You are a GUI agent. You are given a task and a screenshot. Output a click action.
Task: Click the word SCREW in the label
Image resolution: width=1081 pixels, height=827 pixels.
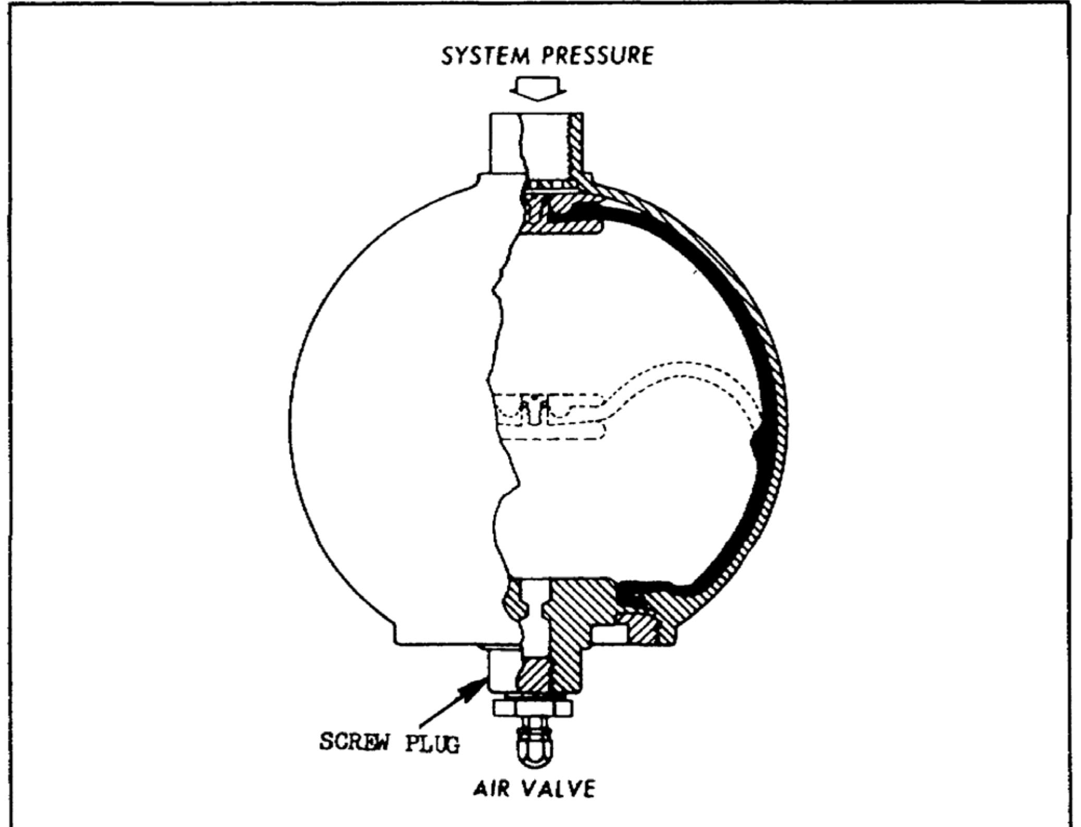tap(355, 741)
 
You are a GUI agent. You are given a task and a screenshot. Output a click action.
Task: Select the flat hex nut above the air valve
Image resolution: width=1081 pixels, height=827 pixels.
tap(532, 708)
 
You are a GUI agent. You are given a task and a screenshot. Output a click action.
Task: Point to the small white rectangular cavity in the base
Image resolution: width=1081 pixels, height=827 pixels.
tap(610, 634)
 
